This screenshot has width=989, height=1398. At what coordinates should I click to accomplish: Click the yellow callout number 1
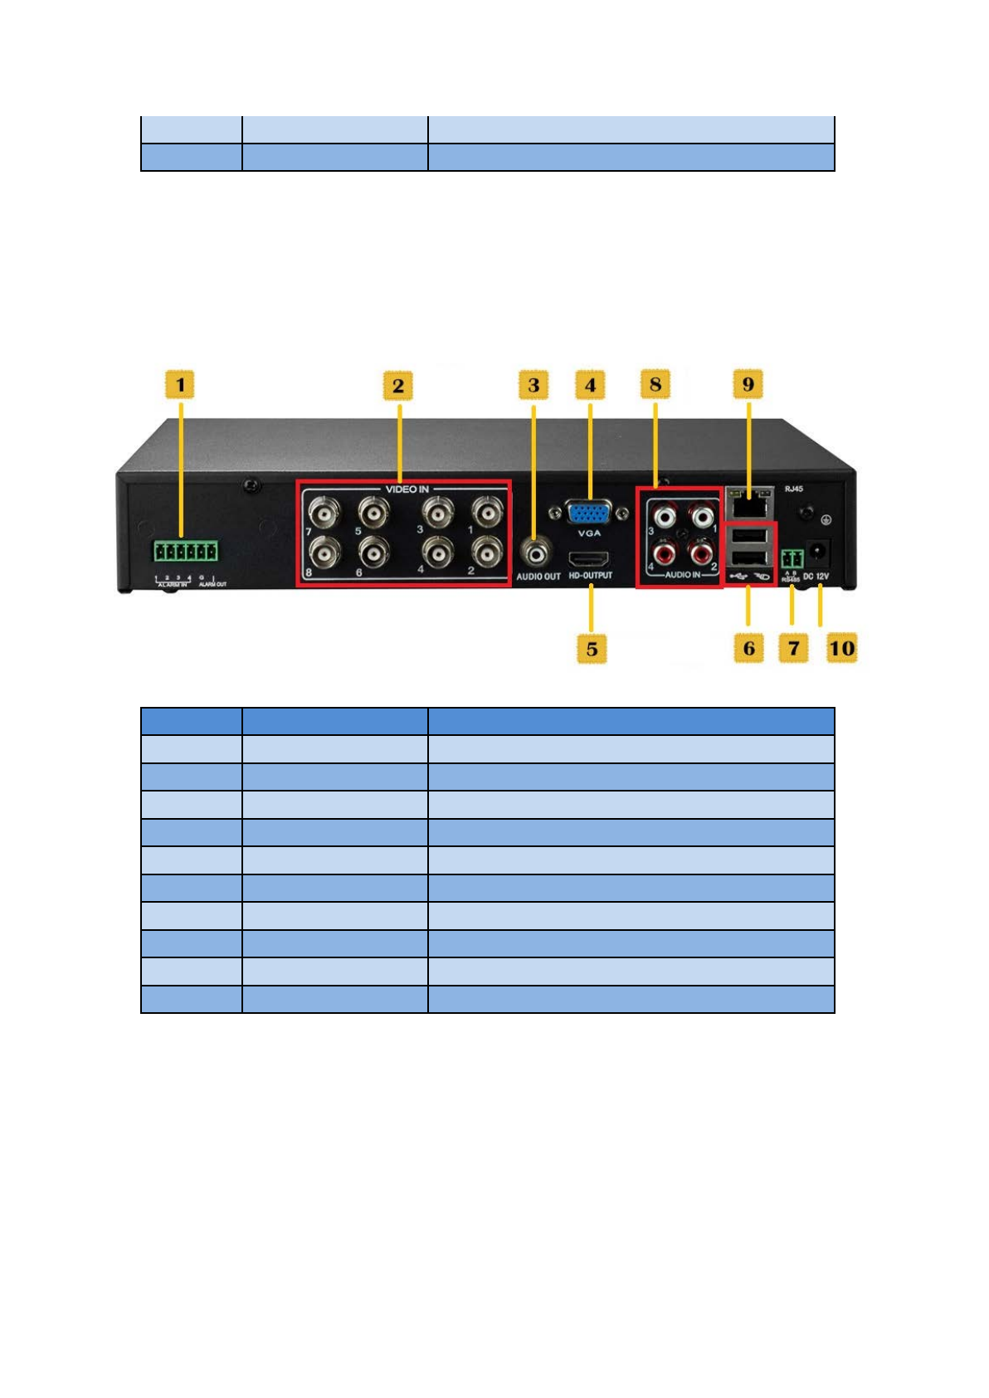tap(180, 385)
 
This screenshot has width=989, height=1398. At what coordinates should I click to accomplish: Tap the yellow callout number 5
tap(592, 649)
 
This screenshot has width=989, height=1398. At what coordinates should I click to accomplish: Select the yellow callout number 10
tap(841, 648)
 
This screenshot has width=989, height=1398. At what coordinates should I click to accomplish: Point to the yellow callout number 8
tap(655, 385)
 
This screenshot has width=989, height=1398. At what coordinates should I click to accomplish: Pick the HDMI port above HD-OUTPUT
tap(589, 558)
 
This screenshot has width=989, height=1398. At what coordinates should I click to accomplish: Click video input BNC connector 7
tap(323, 512)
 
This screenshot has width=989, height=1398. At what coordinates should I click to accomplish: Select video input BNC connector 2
tap(486, 551)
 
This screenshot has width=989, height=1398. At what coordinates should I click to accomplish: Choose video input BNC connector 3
tap(436, 512)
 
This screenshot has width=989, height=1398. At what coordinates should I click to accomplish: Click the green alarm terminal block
tap(185, 552)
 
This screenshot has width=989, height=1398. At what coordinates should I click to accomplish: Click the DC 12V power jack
tap(818, 551)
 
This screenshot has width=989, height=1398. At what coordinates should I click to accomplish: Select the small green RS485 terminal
tap(792, 557)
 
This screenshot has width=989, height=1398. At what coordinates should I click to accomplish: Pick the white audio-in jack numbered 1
tap(702, 518)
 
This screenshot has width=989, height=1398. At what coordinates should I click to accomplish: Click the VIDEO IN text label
tap(407, 490)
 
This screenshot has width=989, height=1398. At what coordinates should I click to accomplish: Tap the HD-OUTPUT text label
tap(591, 576)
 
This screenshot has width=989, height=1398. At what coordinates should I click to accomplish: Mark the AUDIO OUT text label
tap(538, 577)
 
